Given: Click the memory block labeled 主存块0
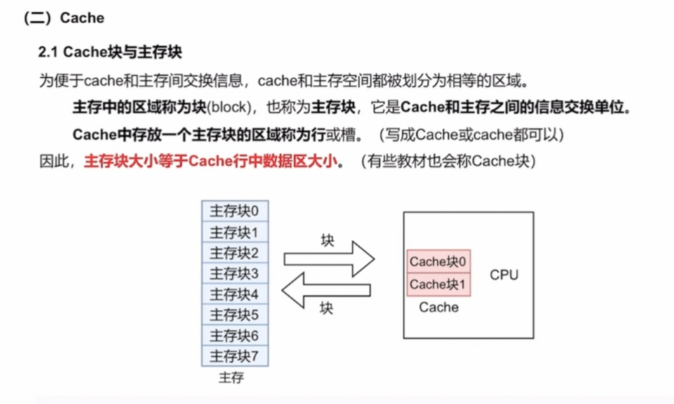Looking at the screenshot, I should tap(234, 211).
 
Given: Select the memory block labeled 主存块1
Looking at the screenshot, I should tap(234, 232).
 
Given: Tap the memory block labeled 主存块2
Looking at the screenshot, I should tap(234, 252).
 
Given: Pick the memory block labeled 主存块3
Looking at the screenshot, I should tap(234, 274).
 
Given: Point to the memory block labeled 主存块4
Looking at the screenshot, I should tap(234, 294).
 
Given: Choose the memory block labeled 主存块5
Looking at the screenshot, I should tap(234, 315).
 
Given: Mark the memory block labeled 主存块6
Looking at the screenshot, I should tap(234, 335).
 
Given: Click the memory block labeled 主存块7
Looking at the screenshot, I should tap(234, 356).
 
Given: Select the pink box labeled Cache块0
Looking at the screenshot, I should tap(439, 262).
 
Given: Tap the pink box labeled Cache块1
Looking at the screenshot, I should tap(439, 284).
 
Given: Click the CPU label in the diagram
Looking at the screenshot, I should tap(504, 275).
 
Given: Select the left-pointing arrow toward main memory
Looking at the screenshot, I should tap(326, 289).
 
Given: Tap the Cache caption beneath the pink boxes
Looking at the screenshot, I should tap(439, 307).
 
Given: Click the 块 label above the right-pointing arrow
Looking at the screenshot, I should tap(327, 241).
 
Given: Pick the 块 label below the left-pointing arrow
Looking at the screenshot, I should tap(326, 309).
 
